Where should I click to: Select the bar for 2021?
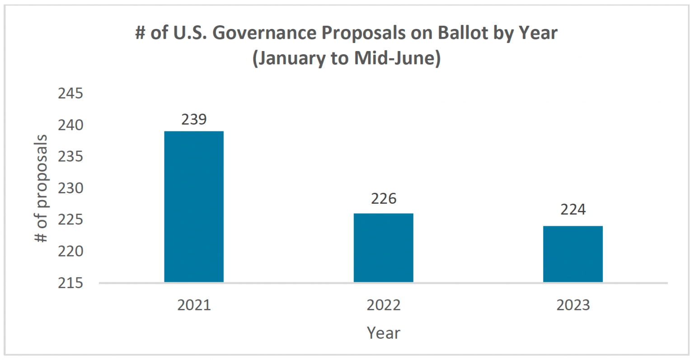(x=194, y=206)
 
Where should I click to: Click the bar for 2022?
(x=383, y=248)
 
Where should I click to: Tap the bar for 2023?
(x=572, y=254)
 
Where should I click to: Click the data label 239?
(x=194, y=119)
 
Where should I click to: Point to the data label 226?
(x=384, y=198)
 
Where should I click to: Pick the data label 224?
(x=573, y=210)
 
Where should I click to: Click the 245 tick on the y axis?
(x=70, y=94)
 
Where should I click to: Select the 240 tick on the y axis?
(x=70, y=125)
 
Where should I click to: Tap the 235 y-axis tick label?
(x=70, y=157)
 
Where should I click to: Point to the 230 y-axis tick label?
(x=70, y=188)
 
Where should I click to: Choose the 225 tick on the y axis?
(x=70, y=220)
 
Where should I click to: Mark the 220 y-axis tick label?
(x=70, y=251)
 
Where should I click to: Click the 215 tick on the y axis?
(x=70, y=283)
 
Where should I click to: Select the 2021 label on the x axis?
(x=194, y=305)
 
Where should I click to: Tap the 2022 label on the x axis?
(x=383, y=305)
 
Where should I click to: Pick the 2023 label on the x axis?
(x=573, y=305)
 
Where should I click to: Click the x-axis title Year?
(x=383, y=333)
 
